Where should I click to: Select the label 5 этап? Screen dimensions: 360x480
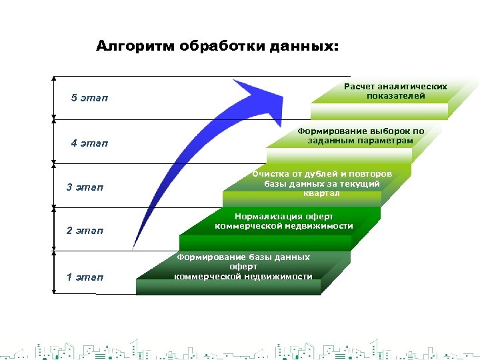pyautogui.click(x=89, y=99)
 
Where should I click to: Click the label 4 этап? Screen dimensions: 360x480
pyautogui.click(x=89, y=143)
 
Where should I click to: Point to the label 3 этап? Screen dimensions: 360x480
pyautogui.click(x=85, y=187)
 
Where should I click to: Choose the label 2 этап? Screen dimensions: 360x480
pyautogui.click(x=85, y=231)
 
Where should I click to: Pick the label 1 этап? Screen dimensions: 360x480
pyautogui.click(x=85, y=277)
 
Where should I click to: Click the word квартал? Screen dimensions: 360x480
pyautogui.click(x=321, y=193)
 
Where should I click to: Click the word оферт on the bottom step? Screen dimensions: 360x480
pyautogui.click(x=243, y=267)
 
